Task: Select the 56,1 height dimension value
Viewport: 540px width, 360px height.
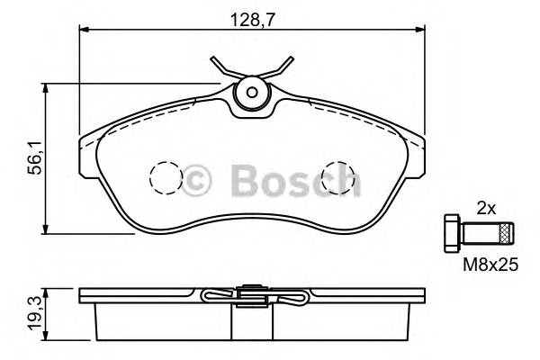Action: [x=35, y=163]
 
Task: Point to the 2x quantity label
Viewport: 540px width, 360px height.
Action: [x=486, y=206]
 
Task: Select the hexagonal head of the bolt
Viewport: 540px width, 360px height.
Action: [x=453, y=232]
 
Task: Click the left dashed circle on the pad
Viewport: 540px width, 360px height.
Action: [x=165, y=176]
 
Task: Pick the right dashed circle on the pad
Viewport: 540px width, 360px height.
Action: [x=338, y=176]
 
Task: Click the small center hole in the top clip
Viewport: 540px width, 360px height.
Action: [x=251, y=92]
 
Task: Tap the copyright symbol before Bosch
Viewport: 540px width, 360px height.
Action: [x=198, y=180]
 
